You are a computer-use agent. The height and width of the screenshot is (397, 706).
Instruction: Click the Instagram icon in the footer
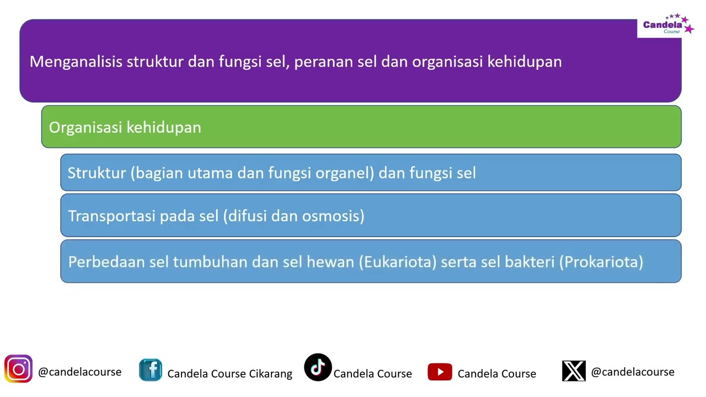[18, 369]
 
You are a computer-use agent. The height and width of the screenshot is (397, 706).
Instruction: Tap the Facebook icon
[150, 370]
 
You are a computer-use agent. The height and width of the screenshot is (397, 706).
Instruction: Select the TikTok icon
[318, 368]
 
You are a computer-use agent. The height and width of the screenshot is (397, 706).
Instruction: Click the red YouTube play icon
[440, 372]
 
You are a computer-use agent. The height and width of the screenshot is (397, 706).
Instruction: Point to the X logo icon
[574, 371]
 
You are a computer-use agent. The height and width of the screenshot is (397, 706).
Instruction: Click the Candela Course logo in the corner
[665, 25]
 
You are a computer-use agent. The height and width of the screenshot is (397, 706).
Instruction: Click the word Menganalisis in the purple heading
[76, 61]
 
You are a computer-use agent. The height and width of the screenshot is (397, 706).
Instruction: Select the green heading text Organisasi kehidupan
[125, 127]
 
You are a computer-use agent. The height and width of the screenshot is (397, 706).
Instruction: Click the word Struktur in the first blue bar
[97, 173]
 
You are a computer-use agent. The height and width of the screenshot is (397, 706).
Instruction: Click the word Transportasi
[111, 216]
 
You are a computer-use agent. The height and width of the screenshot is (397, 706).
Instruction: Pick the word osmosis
[333, 216]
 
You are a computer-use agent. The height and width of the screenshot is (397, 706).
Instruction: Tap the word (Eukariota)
[398, 261]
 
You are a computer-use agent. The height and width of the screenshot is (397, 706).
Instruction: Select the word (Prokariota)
[601, 261]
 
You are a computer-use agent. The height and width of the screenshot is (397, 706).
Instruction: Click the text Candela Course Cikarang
[229, 374]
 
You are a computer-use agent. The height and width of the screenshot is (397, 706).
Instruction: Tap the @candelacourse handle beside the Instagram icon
[79, 372]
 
